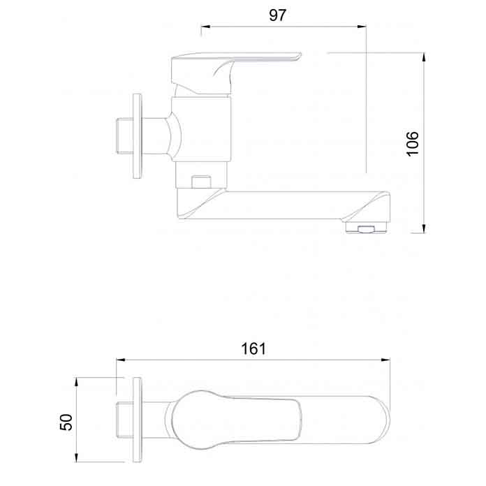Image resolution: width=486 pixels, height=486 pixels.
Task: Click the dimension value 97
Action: click(x=278, y=15)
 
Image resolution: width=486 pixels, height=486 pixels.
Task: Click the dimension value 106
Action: click(x=412, y=143)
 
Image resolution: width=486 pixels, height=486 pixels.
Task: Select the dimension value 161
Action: click(x=255, y=349)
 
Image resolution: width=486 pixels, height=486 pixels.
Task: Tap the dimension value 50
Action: click(x=66, y=421)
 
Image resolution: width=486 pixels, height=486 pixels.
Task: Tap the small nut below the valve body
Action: click(x=200, y=182)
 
